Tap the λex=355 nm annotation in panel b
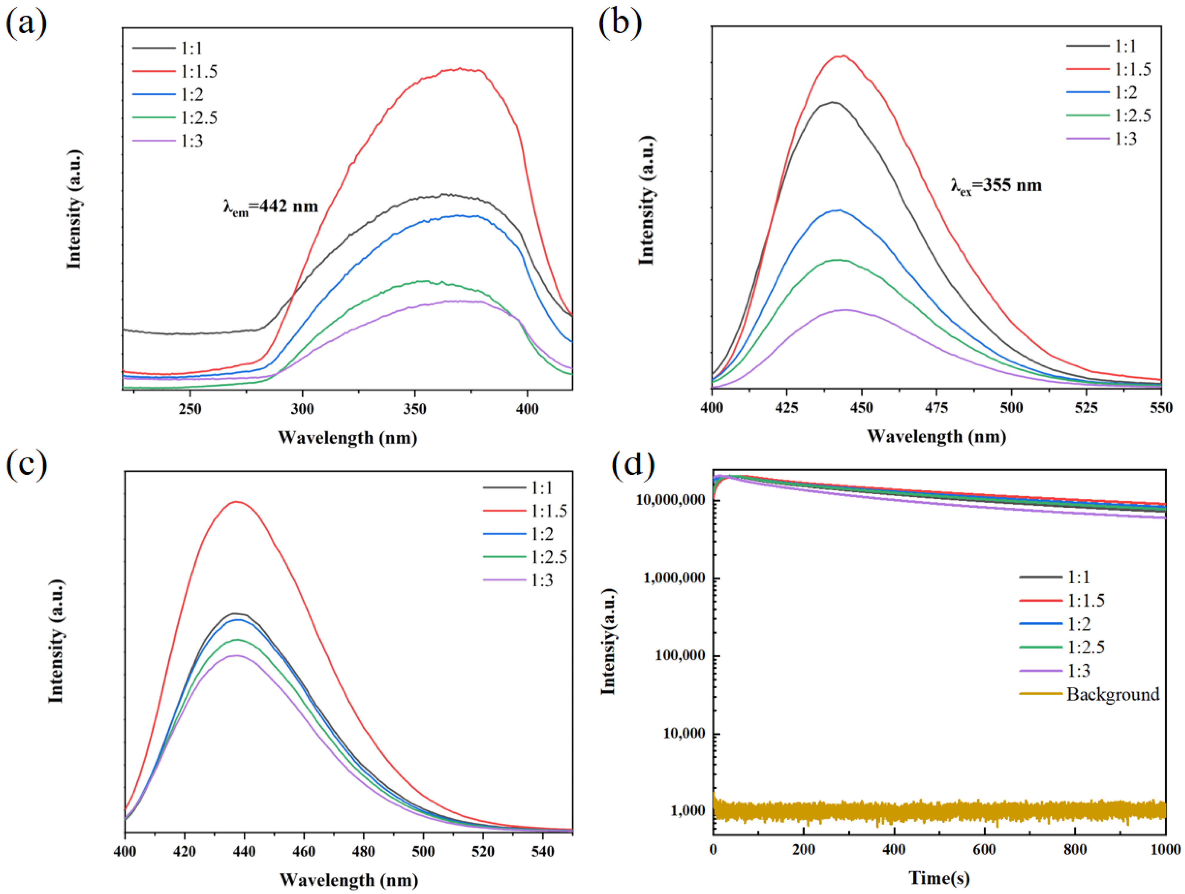click(996, 186)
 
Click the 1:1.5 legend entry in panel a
click(198, 71)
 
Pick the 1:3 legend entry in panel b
click(1125, 139)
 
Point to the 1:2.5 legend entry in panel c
click(549, 557)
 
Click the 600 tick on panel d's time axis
click(985, 850)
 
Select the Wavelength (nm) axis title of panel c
click(348, 880)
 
